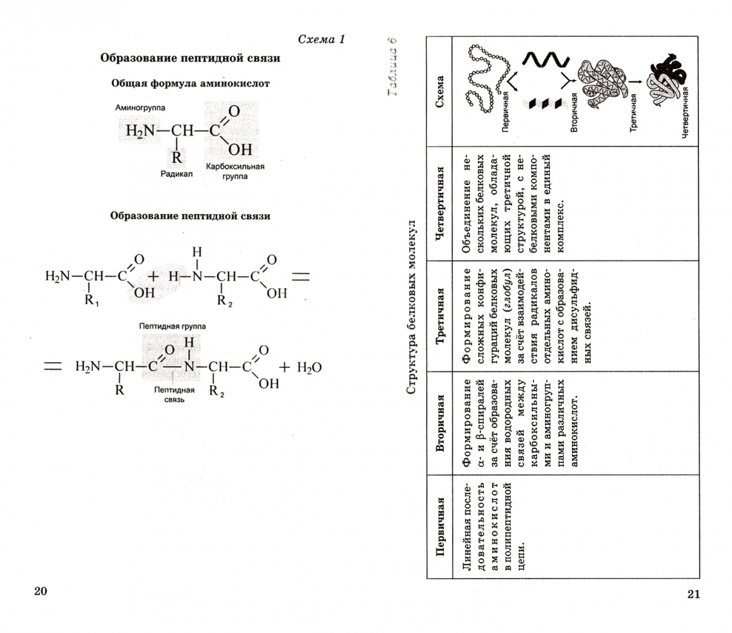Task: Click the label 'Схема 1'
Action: pyautogui.click(x=321, y=39)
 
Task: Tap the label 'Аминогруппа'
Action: pyautogui.click(x=140, y=108)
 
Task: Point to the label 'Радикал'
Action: pyautogui.click(x=177, y=173)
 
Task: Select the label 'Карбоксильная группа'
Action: pyautogui.click(x=235, y=171)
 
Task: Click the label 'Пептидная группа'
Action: pyautogui.click(x=172, y=326)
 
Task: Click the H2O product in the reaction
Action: pyautogui.click(x=309, y=367)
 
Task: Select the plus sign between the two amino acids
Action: pyautogui.click(x=153, y=276)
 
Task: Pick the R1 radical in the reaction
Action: pyautogui.click(x=92, y=301)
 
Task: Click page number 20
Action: pyautogui.click(x=40, y=590)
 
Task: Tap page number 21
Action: pyautogui.click(x=693, y=594)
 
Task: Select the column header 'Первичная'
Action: pyautogui.click(x=440, y=526)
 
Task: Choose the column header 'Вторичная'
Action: pyautogui.click(x=440, y=423)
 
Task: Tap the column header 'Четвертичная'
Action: pyautogui.click(x=440, y=203)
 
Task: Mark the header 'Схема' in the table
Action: pyautogui.click(x=440, y=91)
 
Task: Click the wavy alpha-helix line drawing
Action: pyautogui.click(x=545, y=60)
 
